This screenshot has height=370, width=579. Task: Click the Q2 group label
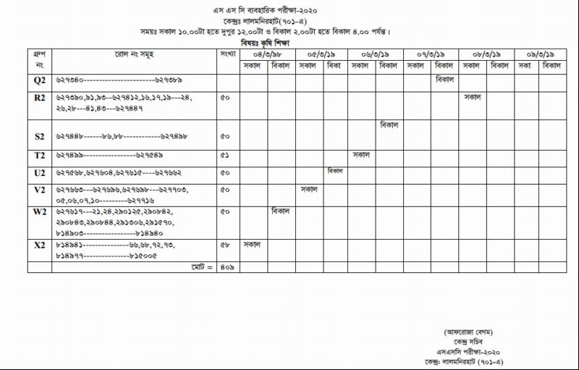click(x=39, y=81)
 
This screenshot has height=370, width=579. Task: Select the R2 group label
click(x=39, y=97)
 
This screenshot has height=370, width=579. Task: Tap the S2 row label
click(x=39, y=136)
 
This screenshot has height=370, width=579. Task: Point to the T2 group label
click(x=39, y=156)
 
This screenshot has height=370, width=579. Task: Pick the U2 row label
click(x=39, y=174)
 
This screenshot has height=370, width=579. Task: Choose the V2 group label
click(x=39, y=190)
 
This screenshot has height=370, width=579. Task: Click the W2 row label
click(x=39, y=212)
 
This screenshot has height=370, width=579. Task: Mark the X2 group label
click(x=39, y=245)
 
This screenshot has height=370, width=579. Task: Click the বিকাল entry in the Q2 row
click(x=444, y=79)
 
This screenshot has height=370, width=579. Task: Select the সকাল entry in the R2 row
click(x=473, y=96)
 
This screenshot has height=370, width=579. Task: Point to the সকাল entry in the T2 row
click(x=361, y=154)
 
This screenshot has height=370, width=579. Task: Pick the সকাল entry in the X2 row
click(x=252, y=244)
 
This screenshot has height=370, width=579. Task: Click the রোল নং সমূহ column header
click(x=133, y=54)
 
